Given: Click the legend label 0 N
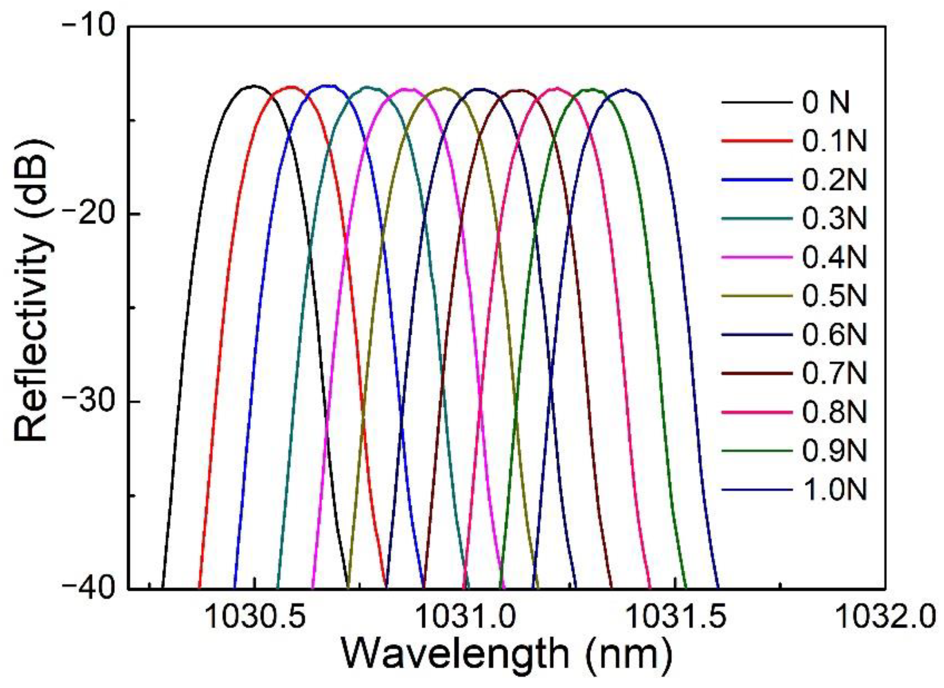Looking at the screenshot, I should coord(826,103).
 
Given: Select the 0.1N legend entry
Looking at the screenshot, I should coord(834,141).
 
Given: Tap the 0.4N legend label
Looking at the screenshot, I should coord(834,257).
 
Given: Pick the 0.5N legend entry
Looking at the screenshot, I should coord(834,296).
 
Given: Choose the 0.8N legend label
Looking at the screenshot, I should coord(834,412).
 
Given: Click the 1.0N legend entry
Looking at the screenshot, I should coord(834,489).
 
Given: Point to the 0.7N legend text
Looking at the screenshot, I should coord(834,373).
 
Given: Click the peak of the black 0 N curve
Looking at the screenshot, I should coord(253,86).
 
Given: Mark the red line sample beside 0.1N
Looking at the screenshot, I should coord(757,141).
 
